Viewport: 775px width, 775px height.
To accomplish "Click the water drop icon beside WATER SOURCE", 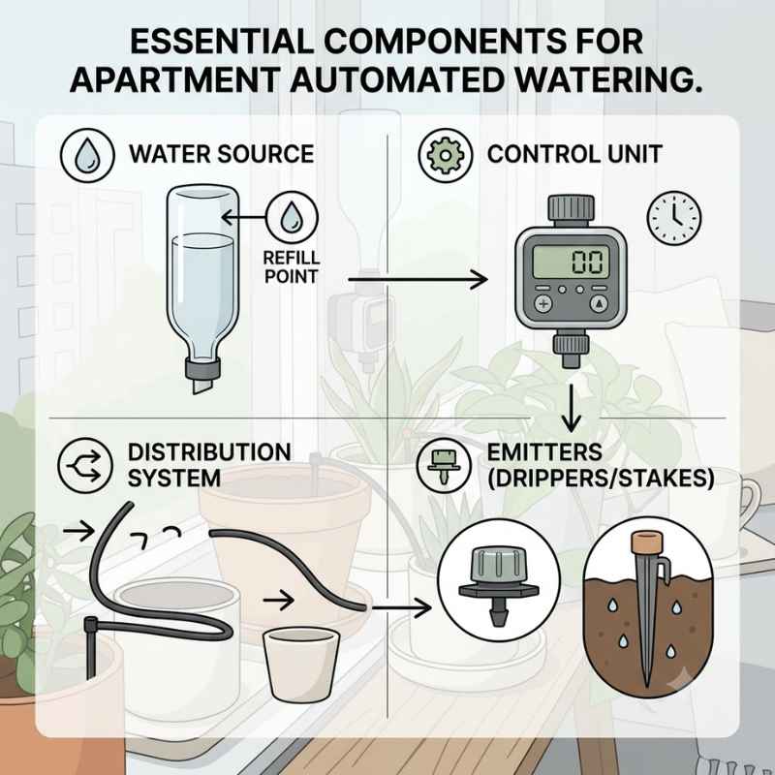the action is click(87, 155).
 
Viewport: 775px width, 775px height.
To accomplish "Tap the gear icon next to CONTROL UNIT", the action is click(446, 155).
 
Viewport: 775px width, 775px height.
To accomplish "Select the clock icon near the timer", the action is click(674, 218).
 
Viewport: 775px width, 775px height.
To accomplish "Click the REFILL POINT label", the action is click(292, 267).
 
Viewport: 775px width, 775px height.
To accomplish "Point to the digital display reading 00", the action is click(571, 262).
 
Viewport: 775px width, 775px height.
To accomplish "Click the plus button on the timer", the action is click(543, 304).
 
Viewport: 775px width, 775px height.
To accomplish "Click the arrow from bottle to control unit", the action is click(418, 280).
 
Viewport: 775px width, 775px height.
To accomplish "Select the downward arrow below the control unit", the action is click(571, 408).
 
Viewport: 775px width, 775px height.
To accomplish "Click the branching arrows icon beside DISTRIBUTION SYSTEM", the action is click(85, 466).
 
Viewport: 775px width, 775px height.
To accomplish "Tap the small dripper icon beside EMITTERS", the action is click(444, 466).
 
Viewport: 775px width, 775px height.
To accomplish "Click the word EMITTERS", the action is click(544, 452).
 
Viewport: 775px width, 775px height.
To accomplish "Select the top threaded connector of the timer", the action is click(571, 208).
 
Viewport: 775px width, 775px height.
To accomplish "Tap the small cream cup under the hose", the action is click(301, 664).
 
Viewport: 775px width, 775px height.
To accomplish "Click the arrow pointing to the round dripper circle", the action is click(401, 607).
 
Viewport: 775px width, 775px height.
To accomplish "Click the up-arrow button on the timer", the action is click(599, 304).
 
